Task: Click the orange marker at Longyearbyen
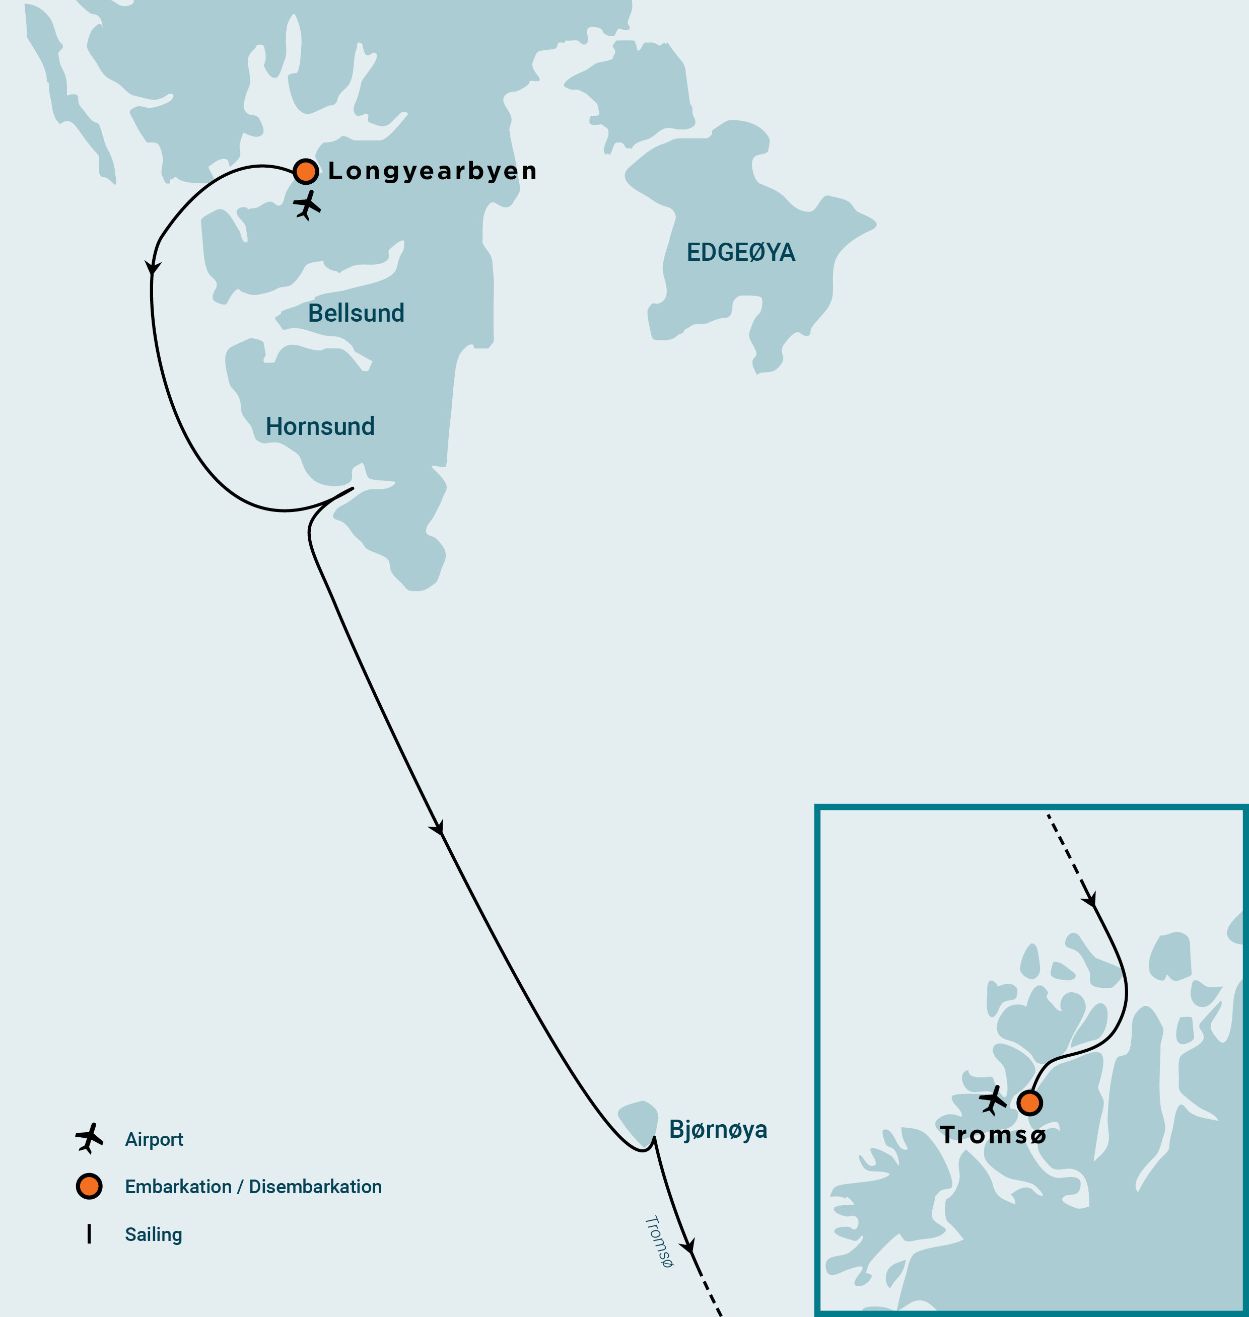[306, 171]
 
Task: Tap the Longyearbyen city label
[432, 171]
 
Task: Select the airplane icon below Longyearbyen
[307, 205]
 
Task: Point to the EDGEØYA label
[740, 252]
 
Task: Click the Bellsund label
[356, 313]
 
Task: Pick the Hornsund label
[320, 426]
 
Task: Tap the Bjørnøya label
[718, 1129]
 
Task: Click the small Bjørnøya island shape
[640, 1120]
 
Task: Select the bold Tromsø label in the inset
[993, 1135]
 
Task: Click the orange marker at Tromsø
[1029, 1103]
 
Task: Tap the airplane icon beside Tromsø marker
[993, 1100]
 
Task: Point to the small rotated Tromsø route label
[658, 1241]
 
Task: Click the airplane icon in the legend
[89, 1138]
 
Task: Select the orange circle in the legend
[89, 1186]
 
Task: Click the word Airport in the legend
[154, 1139]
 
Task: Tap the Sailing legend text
[153, 1234]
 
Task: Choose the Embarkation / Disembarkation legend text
[253, 1187]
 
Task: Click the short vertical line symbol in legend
[89, 1234]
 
